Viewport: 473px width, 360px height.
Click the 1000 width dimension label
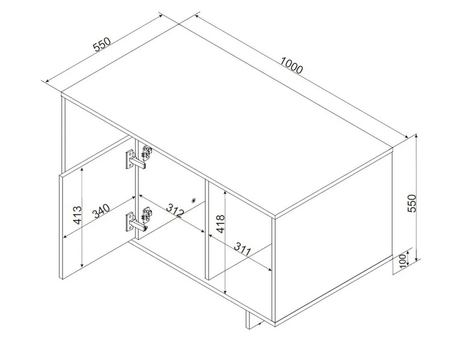coord(291,65)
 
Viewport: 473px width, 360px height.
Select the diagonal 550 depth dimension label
coord(102,44)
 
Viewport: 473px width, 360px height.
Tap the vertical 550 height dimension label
coord(412,203)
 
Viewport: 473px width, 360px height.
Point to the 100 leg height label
coord(403,261)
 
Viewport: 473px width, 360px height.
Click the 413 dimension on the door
coord(78,215)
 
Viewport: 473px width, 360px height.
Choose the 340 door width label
coord(101,211)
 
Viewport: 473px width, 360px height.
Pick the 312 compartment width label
coord(175,210)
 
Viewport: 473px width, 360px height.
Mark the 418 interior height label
coord(220,224)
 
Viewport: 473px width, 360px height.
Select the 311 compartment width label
coord(243,249)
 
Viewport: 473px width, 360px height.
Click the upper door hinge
coord(139,157)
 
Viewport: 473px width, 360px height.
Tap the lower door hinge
coord(139,219)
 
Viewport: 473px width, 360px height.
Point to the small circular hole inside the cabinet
coord(194,200)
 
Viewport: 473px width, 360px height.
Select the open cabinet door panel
coord(97,208)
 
